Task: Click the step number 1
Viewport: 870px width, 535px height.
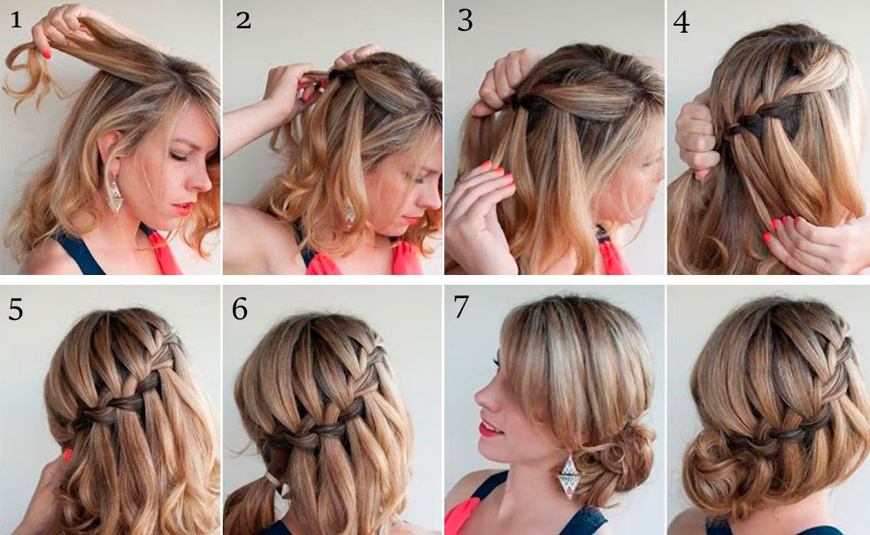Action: [16, 20]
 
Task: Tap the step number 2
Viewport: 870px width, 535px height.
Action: [243, 20]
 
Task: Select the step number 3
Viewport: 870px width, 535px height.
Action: [465, 20]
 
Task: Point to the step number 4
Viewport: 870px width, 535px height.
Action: [681, 22]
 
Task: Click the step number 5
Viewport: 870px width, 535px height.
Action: [16, 309]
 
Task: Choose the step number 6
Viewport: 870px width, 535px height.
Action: [240, 309]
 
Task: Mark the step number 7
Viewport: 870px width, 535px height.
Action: [461, 307]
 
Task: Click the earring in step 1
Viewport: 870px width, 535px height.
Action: [114, 194]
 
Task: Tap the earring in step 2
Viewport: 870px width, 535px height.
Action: [349, 211]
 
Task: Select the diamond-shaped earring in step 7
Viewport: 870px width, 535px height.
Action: [569, 477]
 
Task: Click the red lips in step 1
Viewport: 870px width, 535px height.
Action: [182, 209]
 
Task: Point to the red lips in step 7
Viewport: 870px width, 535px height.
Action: [489, 428]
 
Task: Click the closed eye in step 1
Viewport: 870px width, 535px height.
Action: [178, 156]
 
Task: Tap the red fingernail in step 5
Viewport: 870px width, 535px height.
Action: [67, 455]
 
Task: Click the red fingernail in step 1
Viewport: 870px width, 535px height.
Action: [47, 54]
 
